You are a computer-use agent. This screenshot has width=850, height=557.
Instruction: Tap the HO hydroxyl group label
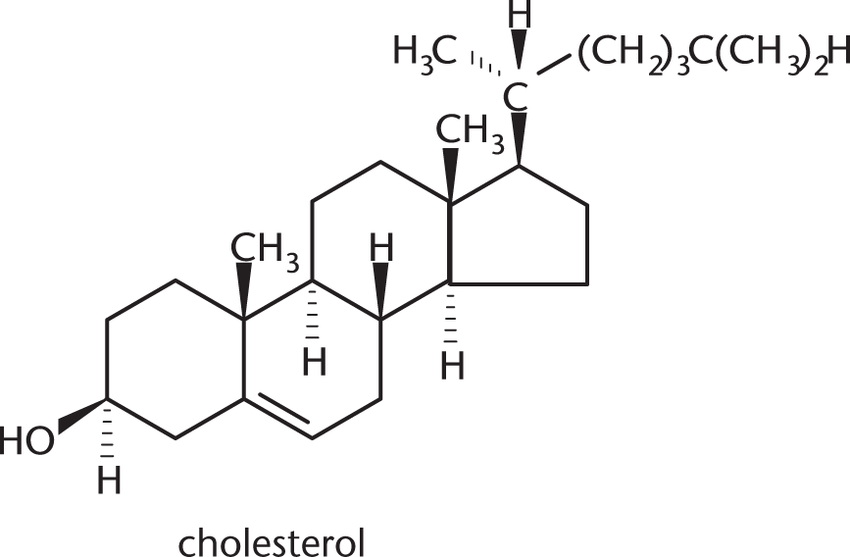[x=26, y=439]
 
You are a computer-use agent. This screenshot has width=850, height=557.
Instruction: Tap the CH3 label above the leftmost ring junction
[x=265, y=251]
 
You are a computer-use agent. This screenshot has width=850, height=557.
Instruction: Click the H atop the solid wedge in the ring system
[x=381, y=247]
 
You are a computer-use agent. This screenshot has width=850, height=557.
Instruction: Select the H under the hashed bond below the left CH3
[x=315, y=362]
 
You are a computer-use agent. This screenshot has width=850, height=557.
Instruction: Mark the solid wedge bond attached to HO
[x=81, y=416]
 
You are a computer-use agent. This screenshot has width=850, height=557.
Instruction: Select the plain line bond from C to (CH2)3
[x=553, y=64]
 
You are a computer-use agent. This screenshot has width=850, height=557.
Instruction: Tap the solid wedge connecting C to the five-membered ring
[x=519, y=138]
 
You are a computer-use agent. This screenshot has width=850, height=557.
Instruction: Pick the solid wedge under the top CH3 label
[x=451, y=176]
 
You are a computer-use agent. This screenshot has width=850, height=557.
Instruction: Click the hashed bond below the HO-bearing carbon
[x=107, y=431]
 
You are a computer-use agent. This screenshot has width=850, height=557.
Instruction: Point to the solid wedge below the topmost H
[x=520, y=50]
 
